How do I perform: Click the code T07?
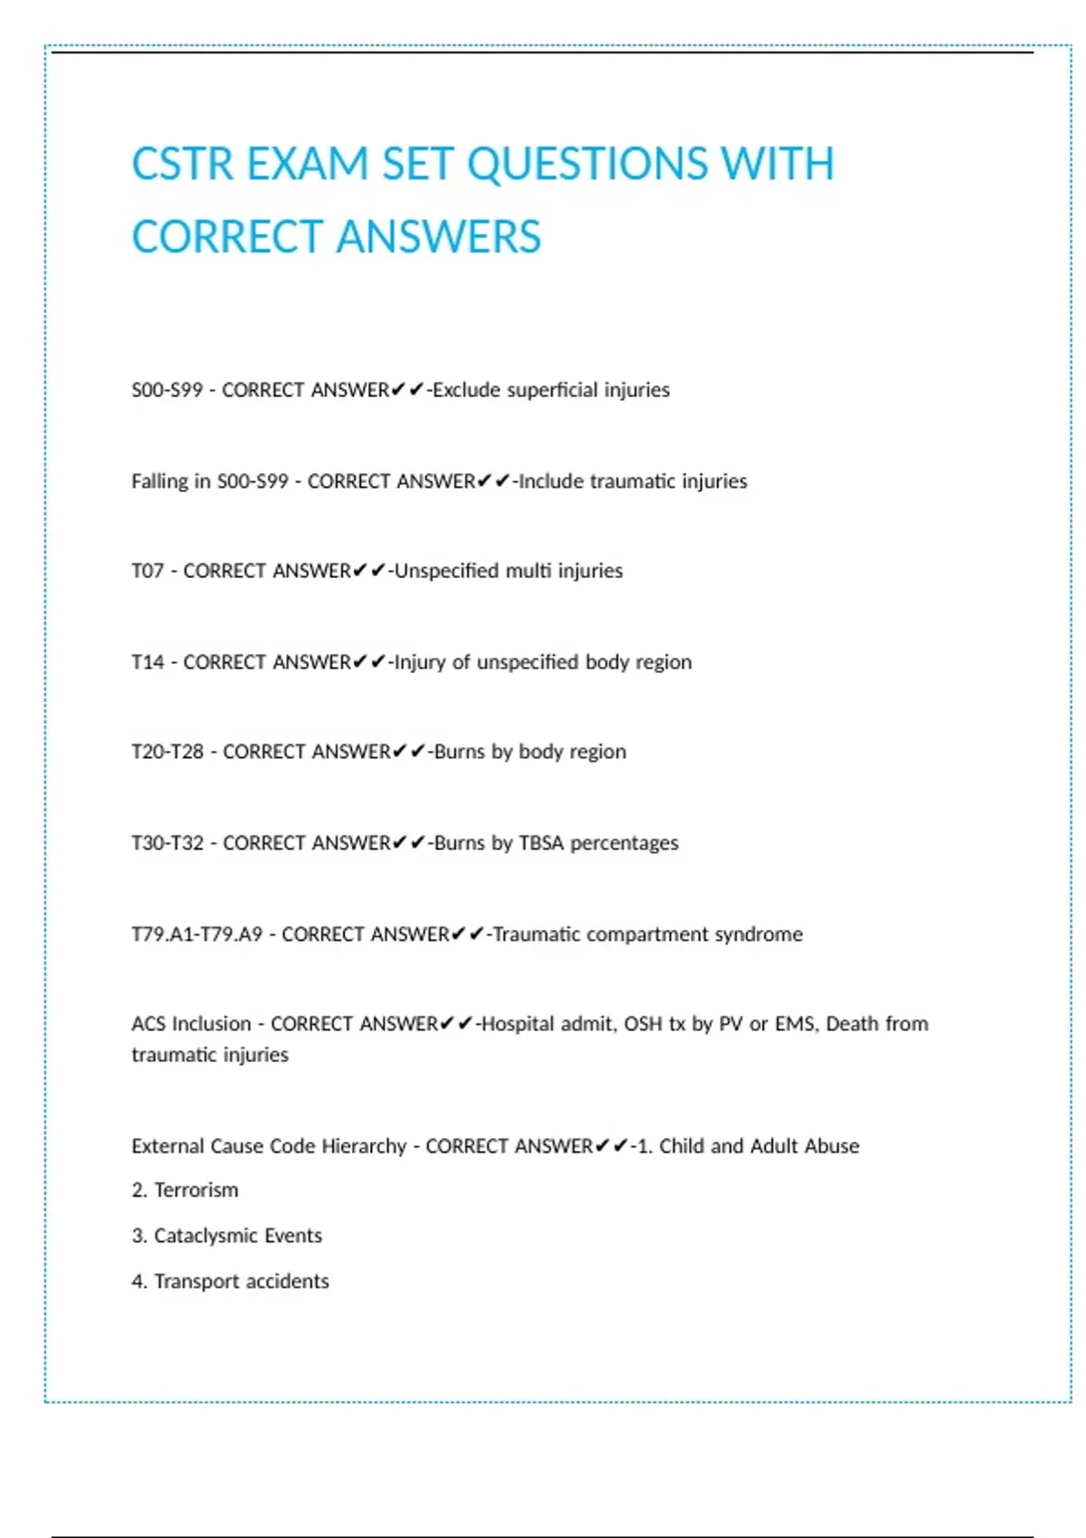148,571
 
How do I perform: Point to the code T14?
148,662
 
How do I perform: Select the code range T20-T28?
167,752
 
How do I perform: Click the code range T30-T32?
167,843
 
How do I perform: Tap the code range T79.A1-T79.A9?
196,934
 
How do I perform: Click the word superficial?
552,390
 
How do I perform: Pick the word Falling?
159,481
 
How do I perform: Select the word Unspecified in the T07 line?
446,571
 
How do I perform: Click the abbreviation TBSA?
541,843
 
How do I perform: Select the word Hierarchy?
364,1146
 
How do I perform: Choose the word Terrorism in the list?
196,1191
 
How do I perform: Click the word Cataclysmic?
206,1236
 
